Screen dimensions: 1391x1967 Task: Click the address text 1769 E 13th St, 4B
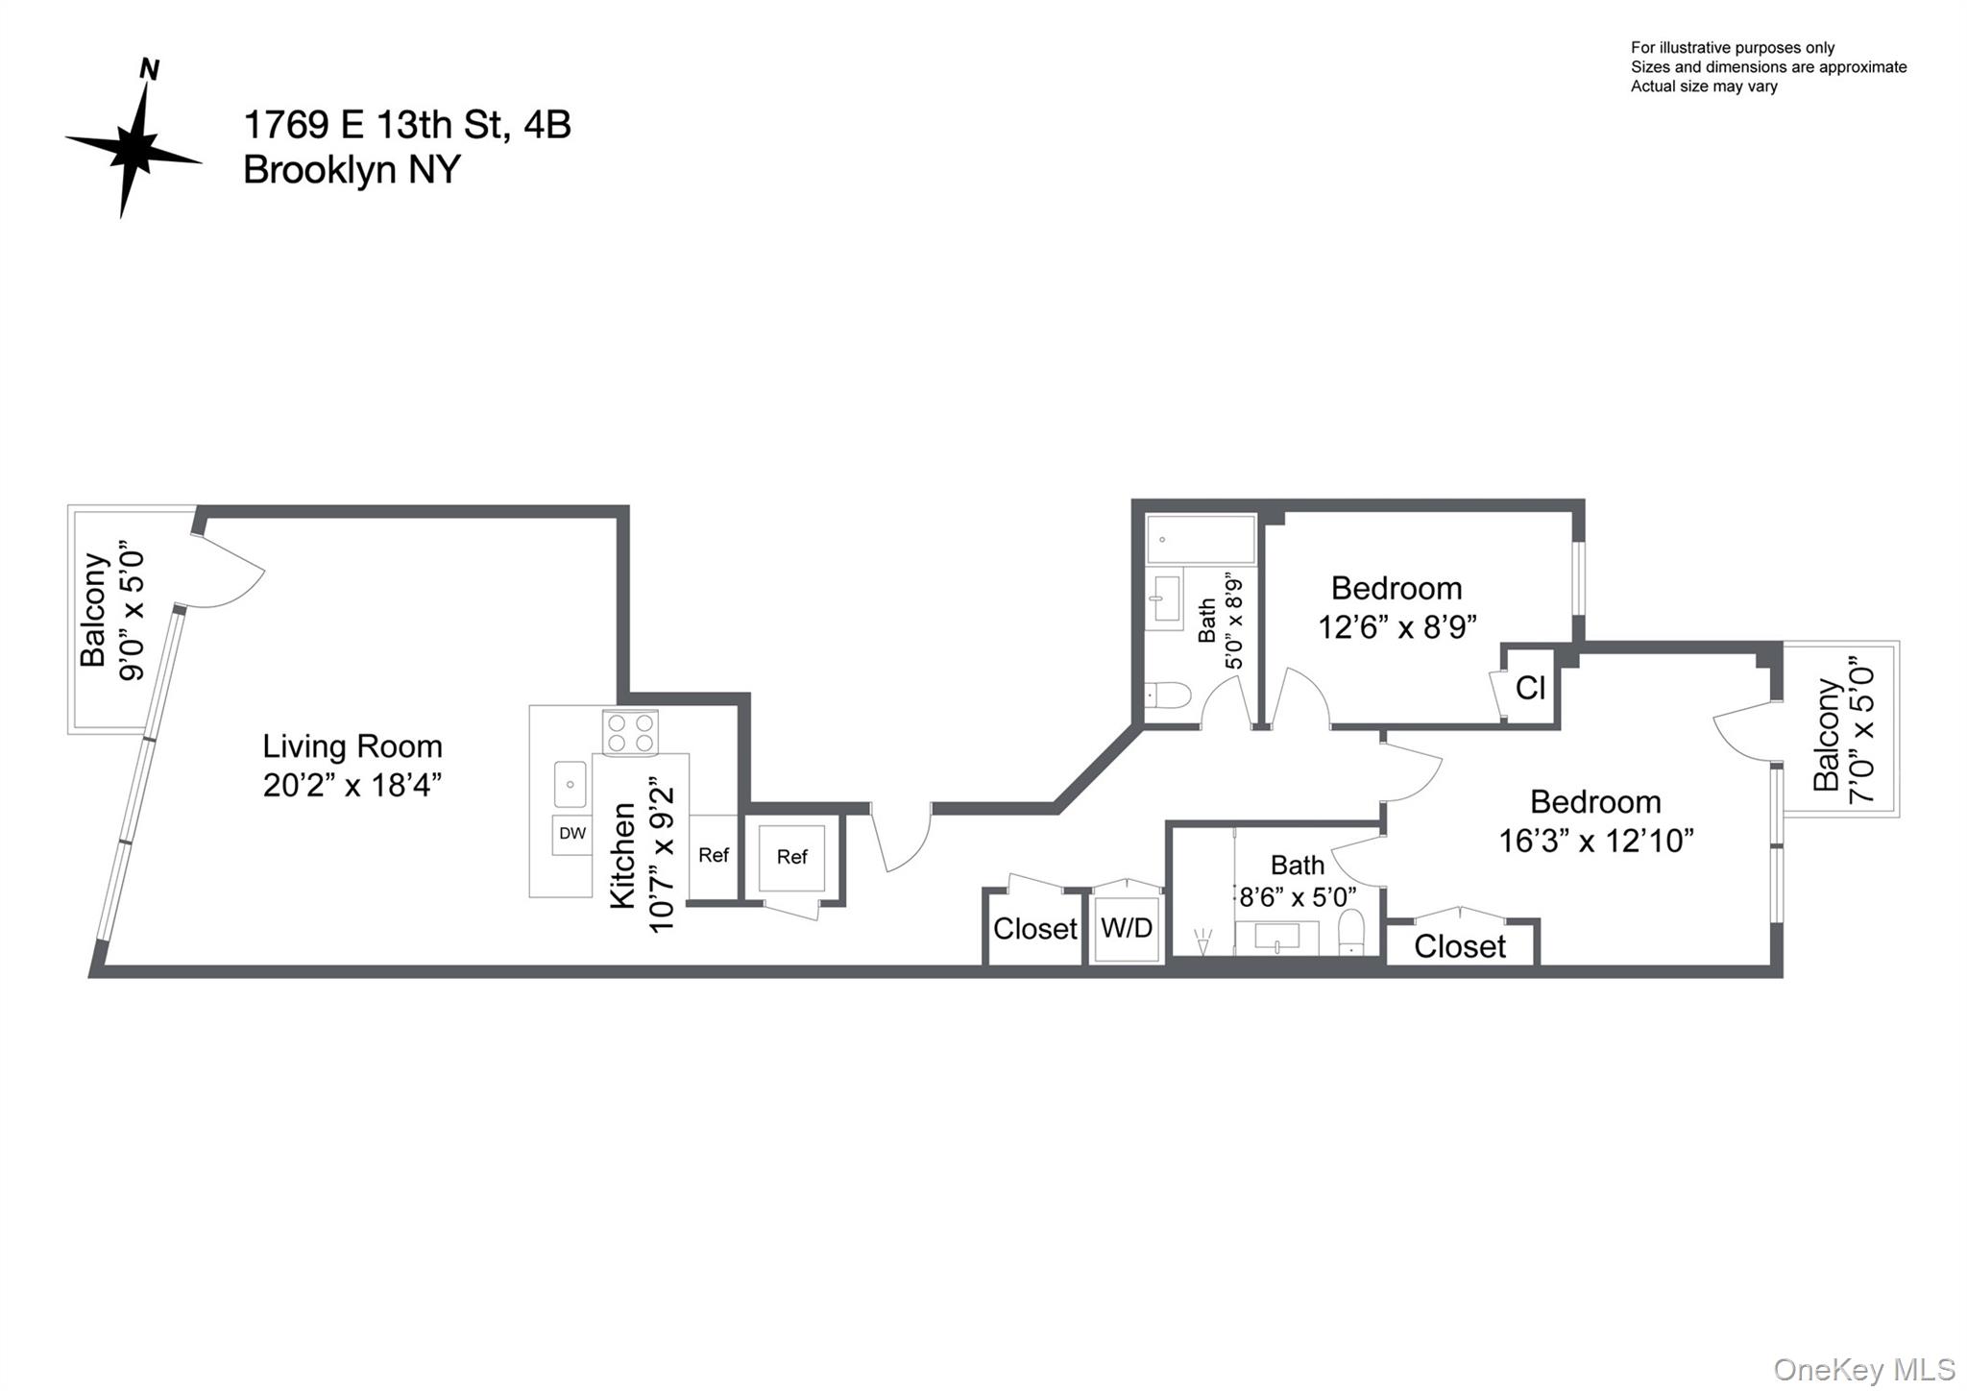tap(406, 125)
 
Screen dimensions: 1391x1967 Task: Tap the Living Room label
tap(352, 746)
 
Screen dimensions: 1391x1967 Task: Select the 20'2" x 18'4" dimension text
tap(352, 785)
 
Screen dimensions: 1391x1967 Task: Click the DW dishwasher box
tap(572, 834)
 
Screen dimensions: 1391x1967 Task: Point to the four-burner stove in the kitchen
tap(631, 733)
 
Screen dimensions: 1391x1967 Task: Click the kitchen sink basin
tap(571, 784)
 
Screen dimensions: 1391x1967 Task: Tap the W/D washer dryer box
tap(1127, 928)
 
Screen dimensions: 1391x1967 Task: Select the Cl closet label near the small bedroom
tap(1530, 687)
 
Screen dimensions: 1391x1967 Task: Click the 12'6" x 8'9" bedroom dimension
tap(1396, 627)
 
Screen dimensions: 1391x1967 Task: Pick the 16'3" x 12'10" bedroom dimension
tap(1595, 842)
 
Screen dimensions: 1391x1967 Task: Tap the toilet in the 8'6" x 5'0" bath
tap(1351, 932)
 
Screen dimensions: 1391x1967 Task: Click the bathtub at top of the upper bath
tap(1201, 540)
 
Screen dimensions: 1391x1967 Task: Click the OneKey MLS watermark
tap(1864, 1369)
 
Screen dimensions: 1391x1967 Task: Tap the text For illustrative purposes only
tap(1732, 48)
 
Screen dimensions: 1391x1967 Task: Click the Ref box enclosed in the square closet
tap(791, 857)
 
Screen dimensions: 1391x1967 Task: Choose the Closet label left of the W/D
tap(1034, 929)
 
